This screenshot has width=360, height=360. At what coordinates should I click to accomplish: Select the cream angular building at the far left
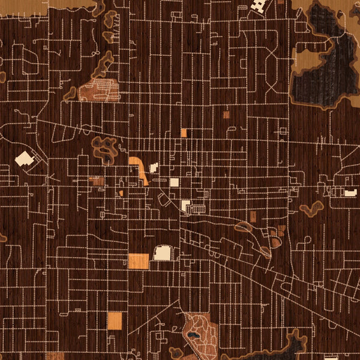pyautogui.click(x=23, y=158)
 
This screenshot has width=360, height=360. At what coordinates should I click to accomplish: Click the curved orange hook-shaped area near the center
pyautogui.click(x=139, y=168)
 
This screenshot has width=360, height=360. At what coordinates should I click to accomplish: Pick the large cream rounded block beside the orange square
pyautogui.click(x=163, y=253)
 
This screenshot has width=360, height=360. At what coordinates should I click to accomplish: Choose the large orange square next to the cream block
pyautogui.click(x=139, y=261)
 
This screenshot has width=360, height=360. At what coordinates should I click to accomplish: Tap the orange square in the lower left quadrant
pyautogui.click(x=114, y=321)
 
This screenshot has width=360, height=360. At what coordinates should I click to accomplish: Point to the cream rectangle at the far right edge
pyautogui.click(x=350, y=193)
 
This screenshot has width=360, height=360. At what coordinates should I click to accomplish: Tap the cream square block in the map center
pyautogui.click(x=174, y=182)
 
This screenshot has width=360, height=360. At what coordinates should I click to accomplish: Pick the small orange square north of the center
pyautogui.click(x=184, y=133)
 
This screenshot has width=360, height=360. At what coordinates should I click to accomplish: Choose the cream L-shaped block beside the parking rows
pyautogui.click(x=186, y=206)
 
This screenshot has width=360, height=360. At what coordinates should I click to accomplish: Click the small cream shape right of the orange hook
pyautogui.click(x=154, y=167)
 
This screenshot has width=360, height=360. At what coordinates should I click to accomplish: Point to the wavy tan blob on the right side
pyautogui.click(x=312, y=209)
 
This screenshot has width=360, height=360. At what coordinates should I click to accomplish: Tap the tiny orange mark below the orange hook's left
pyautogui.click(x=121, y=193)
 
